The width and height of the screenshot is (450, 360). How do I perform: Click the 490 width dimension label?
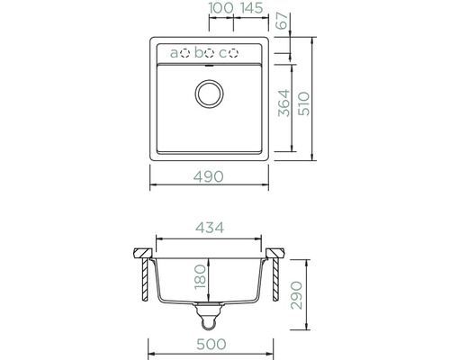[209, 176]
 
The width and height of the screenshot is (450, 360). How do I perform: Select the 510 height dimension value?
[304, 103]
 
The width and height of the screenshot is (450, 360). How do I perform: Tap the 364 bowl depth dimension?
[283, 103]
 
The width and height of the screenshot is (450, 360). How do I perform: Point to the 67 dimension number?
[282, 21]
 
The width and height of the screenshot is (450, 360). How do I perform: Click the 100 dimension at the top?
[220, 8]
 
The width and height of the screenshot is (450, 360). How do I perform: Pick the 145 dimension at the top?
[252, 8]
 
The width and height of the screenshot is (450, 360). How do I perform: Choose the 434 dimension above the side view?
[210, 228]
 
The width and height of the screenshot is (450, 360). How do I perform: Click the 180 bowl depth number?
[201, 277]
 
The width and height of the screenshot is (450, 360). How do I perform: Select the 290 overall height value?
[297, 295]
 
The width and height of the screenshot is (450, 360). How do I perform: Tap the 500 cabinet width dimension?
[211, 345]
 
